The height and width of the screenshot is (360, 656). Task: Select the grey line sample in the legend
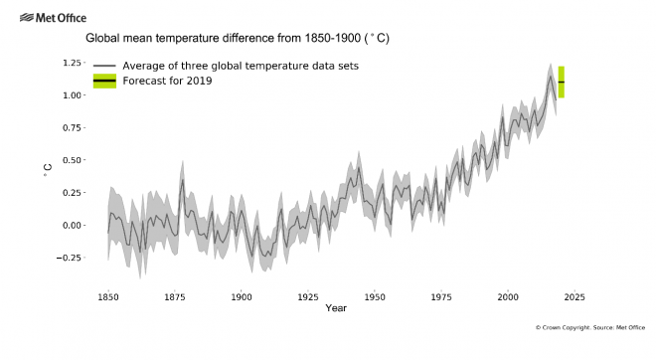pos(104,66)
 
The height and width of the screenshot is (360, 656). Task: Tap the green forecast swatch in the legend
pos(104,81)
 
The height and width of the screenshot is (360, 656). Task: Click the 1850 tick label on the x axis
pos(108,296)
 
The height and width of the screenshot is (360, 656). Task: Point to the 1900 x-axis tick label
pos(242,296)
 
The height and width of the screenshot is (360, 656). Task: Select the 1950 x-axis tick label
pos(375,296)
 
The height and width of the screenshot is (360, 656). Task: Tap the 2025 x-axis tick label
pos(574,296)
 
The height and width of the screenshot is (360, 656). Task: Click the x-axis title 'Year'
pos(337,308)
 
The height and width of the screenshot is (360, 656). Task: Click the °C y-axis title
pos(47,173)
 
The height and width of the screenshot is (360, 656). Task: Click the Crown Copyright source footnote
pos(590,327)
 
